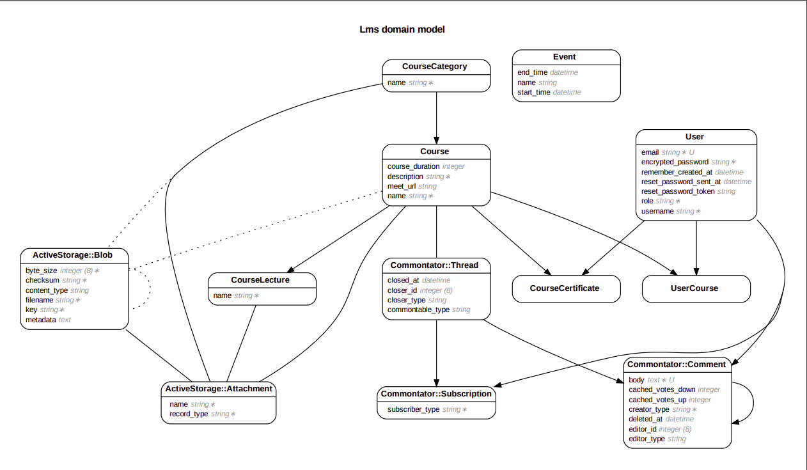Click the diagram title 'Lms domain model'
402,29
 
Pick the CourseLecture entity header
260,280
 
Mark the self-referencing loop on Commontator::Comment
752,402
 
